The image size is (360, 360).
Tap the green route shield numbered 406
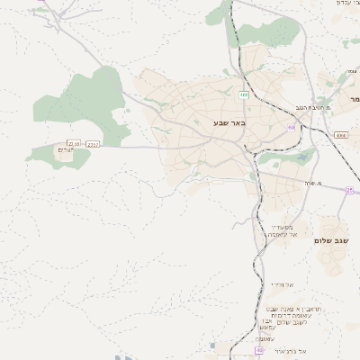click(244, 94)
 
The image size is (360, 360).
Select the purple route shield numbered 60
click(291, 128)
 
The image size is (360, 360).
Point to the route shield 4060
click(340, 134)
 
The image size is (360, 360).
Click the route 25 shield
click(349, 190)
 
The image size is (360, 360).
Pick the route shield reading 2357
click(94, 144)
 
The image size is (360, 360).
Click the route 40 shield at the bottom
click(259, 351)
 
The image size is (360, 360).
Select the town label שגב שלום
click(331, 241)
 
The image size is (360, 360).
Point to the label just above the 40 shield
click(269, 338)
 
